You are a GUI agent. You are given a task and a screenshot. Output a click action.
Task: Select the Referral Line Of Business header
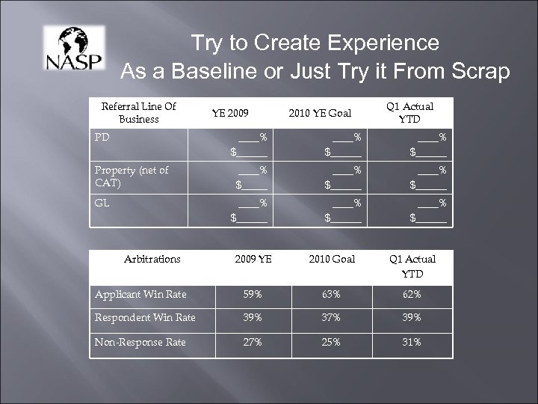(x=138, y=113)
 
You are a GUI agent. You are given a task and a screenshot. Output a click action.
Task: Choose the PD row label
(x=102, y=138)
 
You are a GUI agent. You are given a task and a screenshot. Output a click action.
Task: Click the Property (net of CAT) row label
(x=131, y=176)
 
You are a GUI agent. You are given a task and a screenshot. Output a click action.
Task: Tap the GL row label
(x=102, y=202)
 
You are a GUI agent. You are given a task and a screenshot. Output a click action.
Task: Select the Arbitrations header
(x=153, y=259)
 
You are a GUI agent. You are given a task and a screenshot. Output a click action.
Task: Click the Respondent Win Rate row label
(x=145, y=318)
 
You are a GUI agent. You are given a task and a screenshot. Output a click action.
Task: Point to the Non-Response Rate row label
(x=140, y=342)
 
